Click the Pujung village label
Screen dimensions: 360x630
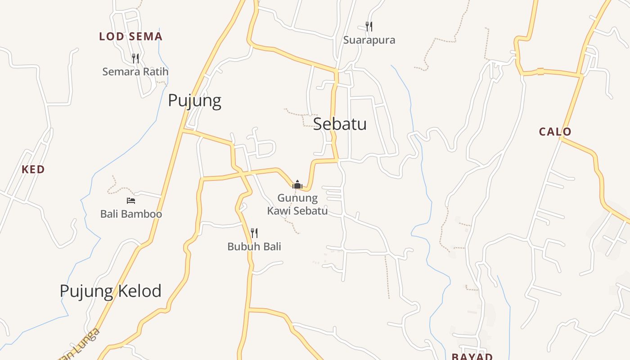[194, 100]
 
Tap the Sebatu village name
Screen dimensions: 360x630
[340, 124]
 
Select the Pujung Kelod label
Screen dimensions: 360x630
[110, 291]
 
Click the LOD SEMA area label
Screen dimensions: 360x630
[130, 36]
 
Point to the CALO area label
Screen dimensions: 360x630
[555, 132]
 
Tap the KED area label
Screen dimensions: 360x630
[33, 170]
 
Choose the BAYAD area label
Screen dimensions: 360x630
[472, 356]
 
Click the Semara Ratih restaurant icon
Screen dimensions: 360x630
[135, 58]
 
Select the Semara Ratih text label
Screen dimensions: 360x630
[135, 72]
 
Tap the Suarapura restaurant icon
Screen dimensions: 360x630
[369, 26]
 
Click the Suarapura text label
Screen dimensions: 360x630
[369, 40]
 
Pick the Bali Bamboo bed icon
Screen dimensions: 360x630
[131, 200]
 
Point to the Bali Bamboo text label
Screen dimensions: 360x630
[131, 214]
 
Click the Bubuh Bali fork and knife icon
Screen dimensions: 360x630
[254, 233]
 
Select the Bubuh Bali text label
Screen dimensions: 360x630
[254, 247]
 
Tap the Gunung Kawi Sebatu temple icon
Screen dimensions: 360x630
[297, 184]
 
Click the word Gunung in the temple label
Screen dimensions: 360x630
[297, 198]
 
